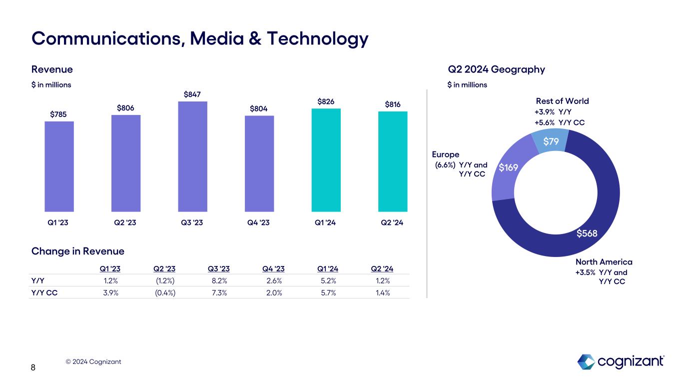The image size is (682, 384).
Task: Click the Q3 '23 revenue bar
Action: coord(192,156)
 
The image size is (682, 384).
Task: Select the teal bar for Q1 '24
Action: coord(326,160)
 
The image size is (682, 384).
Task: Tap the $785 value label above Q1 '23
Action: coord(59,114)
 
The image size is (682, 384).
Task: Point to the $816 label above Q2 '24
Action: coord(393,104)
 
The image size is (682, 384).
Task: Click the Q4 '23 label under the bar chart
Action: coord(259,223)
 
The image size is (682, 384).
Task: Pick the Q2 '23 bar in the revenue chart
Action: coord(126,163)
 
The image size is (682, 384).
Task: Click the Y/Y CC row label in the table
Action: coord(44,293)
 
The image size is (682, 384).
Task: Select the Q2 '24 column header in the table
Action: coord(382,269)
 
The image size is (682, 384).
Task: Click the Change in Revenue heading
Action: coord(78,251)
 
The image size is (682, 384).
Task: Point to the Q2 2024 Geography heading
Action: coord(496,69)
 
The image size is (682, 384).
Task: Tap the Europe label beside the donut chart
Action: coord(446,154)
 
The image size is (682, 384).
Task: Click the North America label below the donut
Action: coord(604,262)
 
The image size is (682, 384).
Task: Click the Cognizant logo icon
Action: coord(586,361)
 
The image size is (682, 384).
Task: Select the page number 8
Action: coord(33,368)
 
